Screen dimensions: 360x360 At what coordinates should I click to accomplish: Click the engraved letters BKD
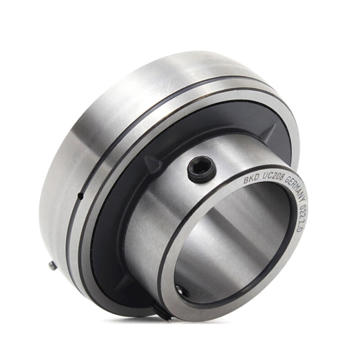point(250,179)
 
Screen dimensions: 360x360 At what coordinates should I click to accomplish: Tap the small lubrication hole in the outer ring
point(81,196)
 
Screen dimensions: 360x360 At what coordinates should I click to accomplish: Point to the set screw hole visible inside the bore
point(183,290)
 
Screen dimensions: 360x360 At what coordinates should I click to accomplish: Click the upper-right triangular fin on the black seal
point(270,132)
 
